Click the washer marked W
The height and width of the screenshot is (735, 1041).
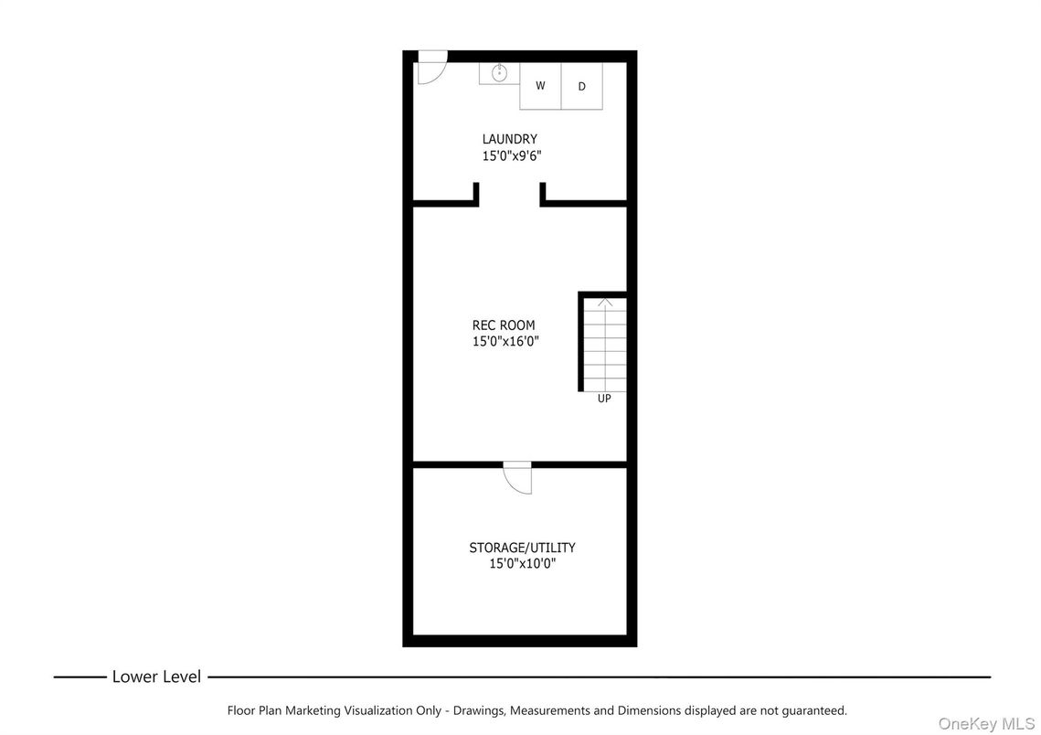point(540,86)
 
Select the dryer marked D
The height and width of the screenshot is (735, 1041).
point(581,87)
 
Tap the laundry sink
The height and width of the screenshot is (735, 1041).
point(500,73)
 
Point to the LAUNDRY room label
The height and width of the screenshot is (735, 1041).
point(510,139)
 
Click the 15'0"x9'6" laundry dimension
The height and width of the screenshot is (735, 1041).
point(512,155)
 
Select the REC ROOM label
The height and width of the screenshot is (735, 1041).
point(504,325)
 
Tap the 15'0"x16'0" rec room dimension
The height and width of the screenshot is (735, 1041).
point(505,341)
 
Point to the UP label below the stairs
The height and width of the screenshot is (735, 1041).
point(604,399)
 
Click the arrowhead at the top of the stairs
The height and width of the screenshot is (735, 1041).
point(605,303)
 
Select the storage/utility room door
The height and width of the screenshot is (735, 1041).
point(517,478)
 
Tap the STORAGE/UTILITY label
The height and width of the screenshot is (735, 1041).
point(522,548)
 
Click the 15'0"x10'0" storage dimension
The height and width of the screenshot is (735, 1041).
point(522,564)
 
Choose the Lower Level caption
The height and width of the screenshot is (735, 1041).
point(156,677)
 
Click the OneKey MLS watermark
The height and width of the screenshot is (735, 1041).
point(986,723)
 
